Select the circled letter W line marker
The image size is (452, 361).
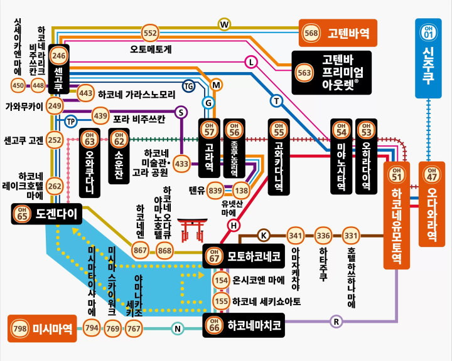224,24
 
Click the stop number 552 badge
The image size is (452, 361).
150,33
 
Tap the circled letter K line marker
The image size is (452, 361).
264,236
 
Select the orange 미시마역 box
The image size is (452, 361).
42,328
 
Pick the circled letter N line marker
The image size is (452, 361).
178,328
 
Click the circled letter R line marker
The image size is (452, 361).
336,322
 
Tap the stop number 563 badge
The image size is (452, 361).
304,73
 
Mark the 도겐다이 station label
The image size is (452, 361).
46,214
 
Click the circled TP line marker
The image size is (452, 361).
71,121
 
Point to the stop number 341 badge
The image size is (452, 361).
295,236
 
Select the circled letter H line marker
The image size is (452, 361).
234,225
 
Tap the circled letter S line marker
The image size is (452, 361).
181,112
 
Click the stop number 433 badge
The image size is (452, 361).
181,164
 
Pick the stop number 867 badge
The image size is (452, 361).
140,251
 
